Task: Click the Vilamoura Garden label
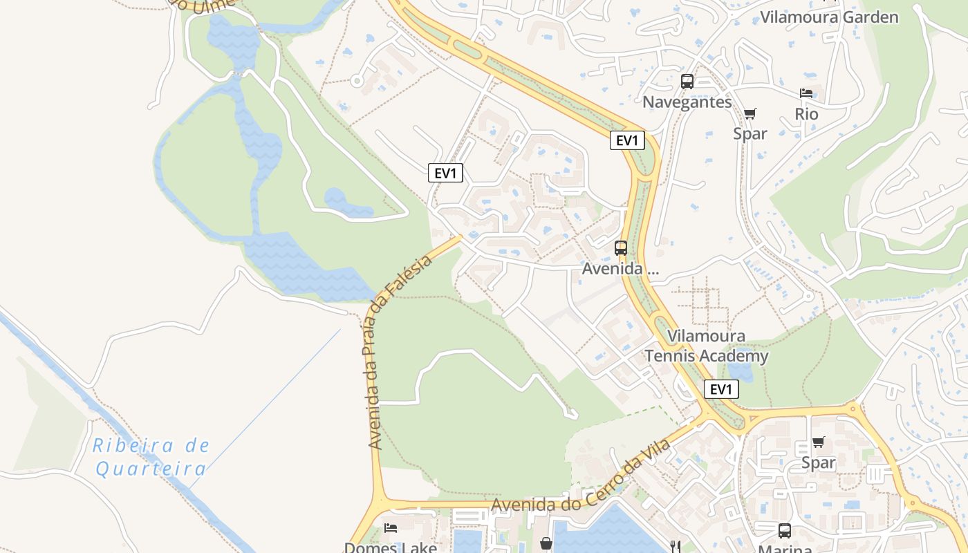829,17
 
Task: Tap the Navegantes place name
687,102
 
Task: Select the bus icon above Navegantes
687,82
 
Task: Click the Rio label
806,114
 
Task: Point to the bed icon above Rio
806,93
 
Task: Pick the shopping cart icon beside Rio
750,113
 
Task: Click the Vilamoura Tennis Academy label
706,346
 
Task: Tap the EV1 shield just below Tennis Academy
720,389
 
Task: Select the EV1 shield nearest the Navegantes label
627,140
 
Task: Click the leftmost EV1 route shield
445,173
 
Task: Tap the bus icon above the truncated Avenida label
621,247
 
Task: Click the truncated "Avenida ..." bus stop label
620,269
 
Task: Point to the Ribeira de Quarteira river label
151,457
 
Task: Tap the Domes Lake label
391,547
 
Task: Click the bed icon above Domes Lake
391,528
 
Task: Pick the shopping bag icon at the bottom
546,543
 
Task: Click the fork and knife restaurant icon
676,545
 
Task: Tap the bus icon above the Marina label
784,530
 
